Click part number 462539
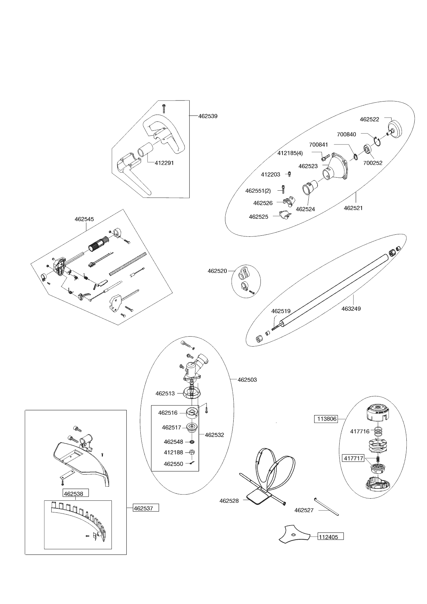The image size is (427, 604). [x=208, y=116]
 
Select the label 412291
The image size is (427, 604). [x=164, y=163]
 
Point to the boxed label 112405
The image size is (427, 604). [x=330, y=536]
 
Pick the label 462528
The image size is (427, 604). [x=229, y=501]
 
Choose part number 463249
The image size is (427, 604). [x=351, y=309]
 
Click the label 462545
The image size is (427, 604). [x=84, y=219]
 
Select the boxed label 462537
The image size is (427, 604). [x=146, y=508]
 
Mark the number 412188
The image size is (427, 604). [x=173, y=452]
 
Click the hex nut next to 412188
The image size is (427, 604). [x=192, y=452]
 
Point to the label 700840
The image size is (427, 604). [x=346, y=134]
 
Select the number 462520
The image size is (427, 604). [x=217, y=271]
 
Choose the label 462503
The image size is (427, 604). [x=247, y=380]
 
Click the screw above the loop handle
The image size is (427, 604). [x=164, y=108]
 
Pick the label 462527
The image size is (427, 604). [x=304, y=510]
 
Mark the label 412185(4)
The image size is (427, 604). [x=290, y=153]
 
